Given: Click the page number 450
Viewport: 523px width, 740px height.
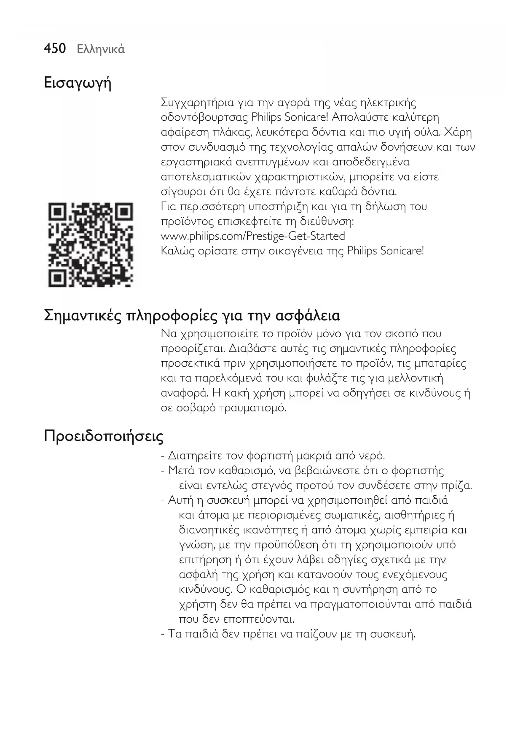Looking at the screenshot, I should click(55, 49).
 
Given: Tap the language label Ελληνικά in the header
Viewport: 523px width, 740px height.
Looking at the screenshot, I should click(101, 49).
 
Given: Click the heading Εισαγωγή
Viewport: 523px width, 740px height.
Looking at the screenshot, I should click(78, 83).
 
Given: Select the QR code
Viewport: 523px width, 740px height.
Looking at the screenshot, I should click(91, 245).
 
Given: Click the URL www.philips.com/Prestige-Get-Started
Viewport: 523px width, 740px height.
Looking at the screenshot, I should click(253, 236).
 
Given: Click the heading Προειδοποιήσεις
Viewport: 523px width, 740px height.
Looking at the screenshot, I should click(104, 436).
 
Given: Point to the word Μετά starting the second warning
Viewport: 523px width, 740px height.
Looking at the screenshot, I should click(180, 471).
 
